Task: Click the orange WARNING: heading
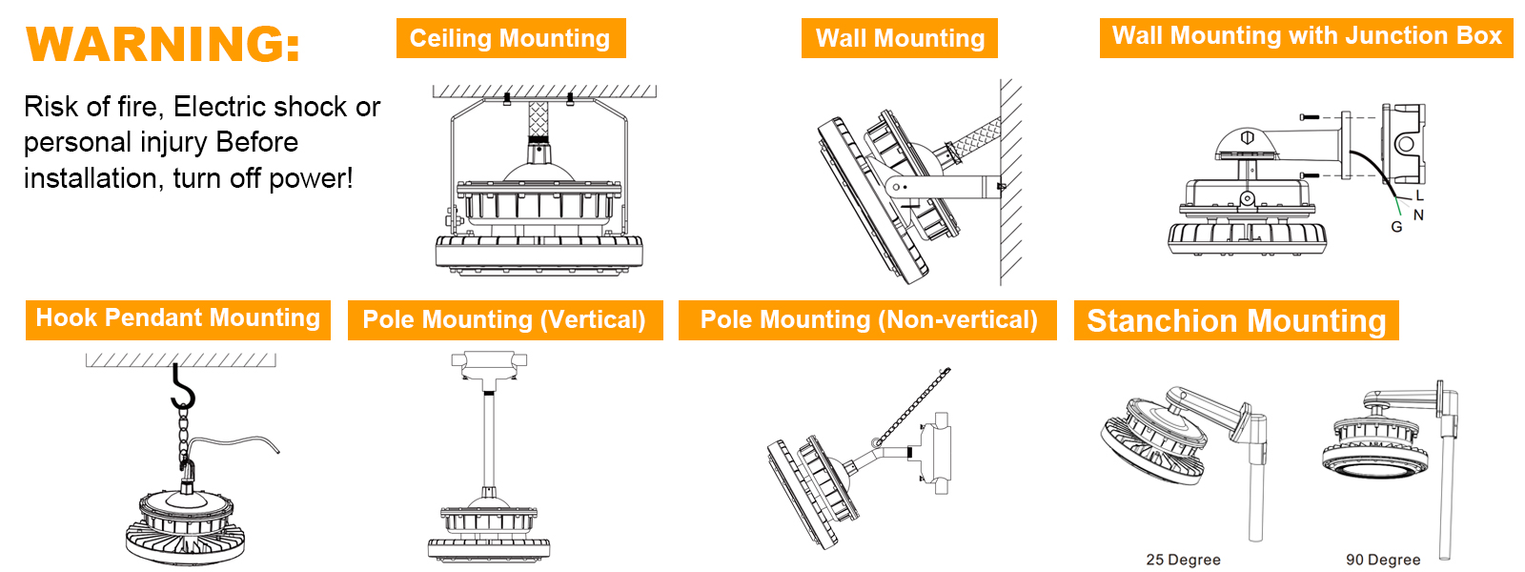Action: [x=163, y=44]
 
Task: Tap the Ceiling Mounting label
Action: [x=511, y=38]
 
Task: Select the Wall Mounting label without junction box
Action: [x=900, y=38]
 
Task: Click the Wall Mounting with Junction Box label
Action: [x=1307, y=37]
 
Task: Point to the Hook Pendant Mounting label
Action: [x=177, y=319]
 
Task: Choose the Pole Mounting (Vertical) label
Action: [x=504, y=320]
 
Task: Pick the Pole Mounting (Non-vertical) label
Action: [x=868, y=320]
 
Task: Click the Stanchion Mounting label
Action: [x=1236, y=320]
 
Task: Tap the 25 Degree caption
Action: [x=1183, y=560]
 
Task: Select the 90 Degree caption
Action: [x=1383, y=560]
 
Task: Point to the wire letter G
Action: [x=1396, y=227]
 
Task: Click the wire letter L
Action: [x=1419, y=196]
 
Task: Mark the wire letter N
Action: [x=1419, y=215]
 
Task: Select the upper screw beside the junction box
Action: [x=1310, y=117]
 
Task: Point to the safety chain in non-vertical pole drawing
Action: [x=910, y=406]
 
